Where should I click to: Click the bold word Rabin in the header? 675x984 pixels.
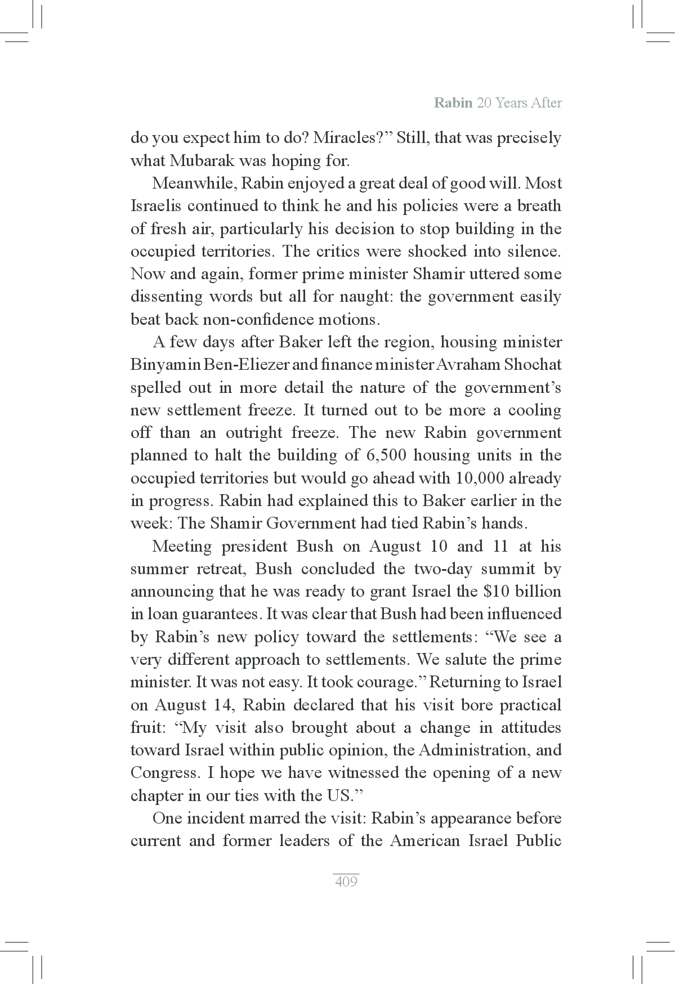pos(453,103)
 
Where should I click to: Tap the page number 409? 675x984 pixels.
pos(346,882)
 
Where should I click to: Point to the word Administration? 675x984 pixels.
pos(471,750)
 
